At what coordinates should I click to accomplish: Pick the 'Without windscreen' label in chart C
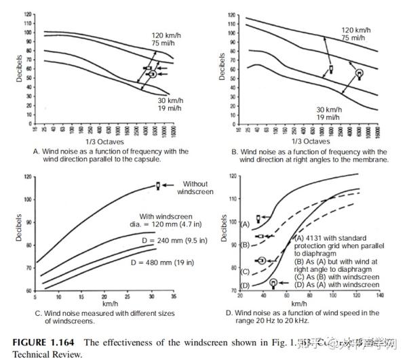point(195,188)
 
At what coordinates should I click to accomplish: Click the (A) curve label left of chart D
point(245,222)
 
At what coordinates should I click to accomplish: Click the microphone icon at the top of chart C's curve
point(158,186)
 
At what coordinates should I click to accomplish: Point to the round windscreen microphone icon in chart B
point(360,72)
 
